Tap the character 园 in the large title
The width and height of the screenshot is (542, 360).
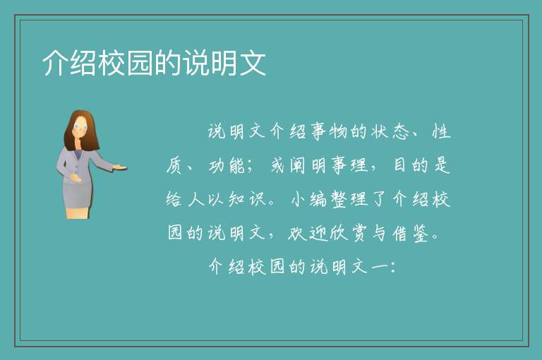pos(140,63)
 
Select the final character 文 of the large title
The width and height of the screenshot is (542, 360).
pos(253,63)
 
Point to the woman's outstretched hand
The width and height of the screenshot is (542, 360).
pos(119,167)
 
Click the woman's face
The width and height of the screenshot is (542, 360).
pos(81,127)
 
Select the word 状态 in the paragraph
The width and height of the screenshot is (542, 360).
pos(390,132)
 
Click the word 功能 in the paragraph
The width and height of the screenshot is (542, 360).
pos(227,165)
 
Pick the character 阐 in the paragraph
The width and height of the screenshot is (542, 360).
pos(297,165)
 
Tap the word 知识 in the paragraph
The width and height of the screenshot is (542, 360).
pos(246,199)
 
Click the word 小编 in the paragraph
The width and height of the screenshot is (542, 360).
pos(308,199)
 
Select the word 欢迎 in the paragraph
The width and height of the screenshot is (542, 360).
pos(308,234)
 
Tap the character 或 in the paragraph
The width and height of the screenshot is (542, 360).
pos(277,165)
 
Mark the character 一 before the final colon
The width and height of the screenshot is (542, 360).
pos(379,267)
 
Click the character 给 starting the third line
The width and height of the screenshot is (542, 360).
pos(174,199)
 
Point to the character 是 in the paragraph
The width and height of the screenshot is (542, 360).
pos(442,165)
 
